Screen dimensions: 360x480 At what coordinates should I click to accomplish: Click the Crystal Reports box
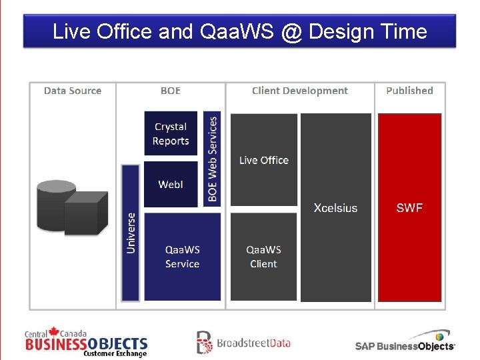click(x=171, y=133)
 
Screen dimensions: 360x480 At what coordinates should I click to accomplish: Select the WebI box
click(x=171, y=184)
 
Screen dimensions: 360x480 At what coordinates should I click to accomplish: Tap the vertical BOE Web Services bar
click(x=212, y=159)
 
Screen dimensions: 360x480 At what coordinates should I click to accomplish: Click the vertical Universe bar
click(x=131, y=232)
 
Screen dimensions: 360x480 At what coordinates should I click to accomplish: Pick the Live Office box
click(x=263, y=160)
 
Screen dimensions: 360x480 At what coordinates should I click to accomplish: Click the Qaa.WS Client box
click(x=263, y=257)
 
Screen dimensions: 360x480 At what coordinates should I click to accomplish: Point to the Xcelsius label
click(x=335, y=208)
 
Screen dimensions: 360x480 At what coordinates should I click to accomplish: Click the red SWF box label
click(x=409, y=208)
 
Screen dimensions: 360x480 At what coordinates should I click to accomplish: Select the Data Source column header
click(x=73, y=91)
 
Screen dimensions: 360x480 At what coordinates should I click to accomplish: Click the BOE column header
click(x=171, y=91)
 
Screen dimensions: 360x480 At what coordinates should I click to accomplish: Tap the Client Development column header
click(x=299, y=91)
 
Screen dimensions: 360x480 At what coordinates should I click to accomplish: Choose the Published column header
click(x=409, y=91)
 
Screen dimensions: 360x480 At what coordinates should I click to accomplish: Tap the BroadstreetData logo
click(x=243, y=343)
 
